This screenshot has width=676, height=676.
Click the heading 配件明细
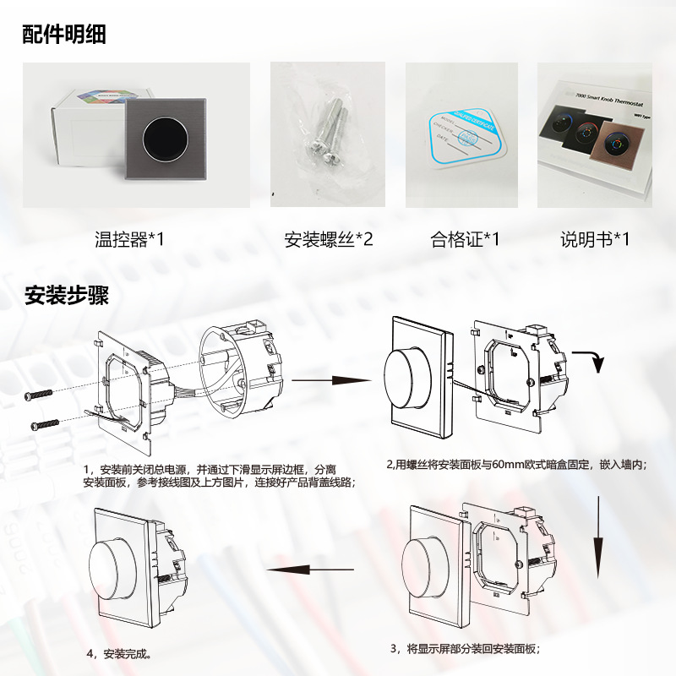[x=64, y=34]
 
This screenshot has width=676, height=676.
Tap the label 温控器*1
[x=130, y=239]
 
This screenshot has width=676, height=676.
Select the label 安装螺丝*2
[x=328, y=239]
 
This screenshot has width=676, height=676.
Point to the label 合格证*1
[x=465, y=239]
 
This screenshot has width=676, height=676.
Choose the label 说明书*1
[x=596, y=239]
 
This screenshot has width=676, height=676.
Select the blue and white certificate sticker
[x=461, y=135]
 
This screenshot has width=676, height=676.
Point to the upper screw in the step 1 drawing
[x=39, y=395]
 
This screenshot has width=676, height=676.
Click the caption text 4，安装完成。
[x=119, y=653]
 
